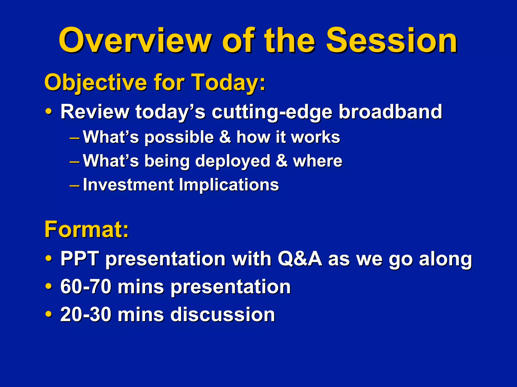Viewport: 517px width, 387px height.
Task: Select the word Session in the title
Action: [x=392, y=40]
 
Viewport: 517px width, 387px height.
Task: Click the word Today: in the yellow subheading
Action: [x=228, y=82]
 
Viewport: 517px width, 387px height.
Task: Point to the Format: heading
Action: [x=87, y=229]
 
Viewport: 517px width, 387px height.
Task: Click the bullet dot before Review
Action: [x=49, y=111]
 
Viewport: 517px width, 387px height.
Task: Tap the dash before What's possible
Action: [x=74, y=139]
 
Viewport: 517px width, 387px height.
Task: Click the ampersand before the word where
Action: [x=282, y=161]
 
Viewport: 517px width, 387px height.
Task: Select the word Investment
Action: [x=128, y=185]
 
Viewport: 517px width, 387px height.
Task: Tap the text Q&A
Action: [x=300, y=259]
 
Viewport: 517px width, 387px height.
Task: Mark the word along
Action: [x=445, y=259]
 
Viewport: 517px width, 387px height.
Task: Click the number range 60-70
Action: [x=86, y=287]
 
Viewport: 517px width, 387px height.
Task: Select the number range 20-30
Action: [x=86, y=314]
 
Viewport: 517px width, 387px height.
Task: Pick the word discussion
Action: [x=223, y=314]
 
